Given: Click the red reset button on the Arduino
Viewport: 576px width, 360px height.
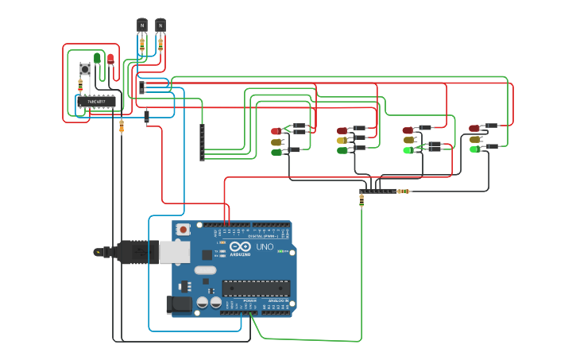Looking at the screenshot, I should pos(184,230).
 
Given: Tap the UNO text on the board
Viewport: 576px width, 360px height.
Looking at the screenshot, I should pos(265,247).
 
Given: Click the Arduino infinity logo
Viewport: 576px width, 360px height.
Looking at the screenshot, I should pos(241,247).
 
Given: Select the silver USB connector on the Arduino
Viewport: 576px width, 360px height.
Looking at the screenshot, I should pos(174,252).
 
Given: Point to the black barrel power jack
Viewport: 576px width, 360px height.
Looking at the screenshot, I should pos(180,304).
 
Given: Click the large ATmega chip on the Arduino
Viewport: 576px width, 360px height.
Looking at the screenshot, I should pos(255,288).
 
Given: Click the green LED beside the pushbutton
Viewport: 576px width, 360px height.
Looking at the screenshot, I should pos(97,58).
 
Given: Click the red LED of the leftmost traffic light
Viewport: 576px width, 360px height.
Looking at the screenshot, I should pos(276,131).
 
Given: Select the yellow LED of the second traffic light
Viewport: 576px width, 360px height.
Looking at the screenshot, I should pos(342,140).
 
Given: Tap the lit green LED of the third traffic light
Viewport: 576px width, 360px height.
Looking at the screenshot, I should pos(408,149).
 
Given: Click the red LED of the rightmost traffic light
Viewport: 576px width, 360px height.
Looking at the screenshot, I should pos(474,128).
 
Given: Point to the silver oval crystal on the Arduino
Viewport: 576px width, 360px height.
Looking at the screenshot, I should pos(205,270).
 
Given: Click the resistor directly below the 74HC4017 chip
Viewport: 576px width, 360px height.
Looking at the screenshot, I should pos(122,126).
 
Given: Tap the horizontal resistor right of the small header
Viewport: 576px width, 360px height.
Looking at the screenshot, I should pos(404,191).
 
